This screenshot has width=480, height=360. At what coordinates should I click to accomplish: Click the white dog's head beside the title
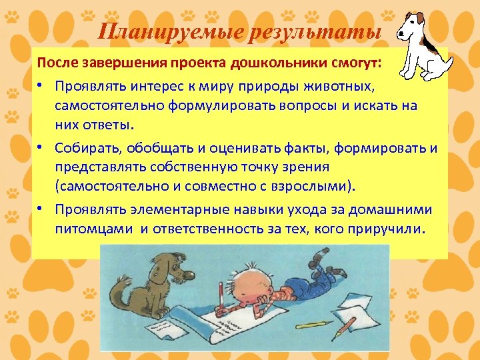pos(411,30)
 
